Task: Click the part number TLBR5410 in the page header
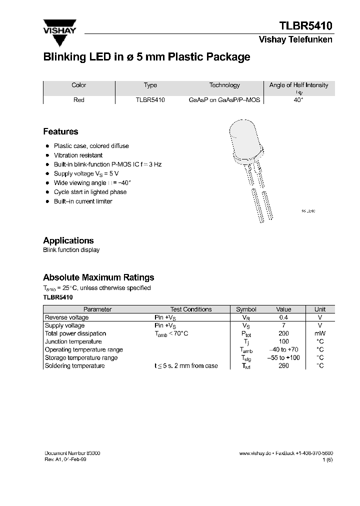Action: (x=305, y=25)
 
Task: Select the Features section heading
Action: (x=60, y=131)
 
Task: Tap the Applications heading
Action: (x=68, y=240)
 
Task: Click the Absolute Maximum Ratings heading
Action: (x=98, y=277)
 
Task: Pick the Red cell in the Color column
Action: (x=79, y=100)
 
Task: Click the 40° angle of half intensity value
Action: (x=298, y=100)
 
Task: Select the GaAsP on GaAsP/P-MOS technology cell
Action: (x=224, y=100)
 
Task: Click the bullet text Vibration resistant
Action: (x=78, y=155)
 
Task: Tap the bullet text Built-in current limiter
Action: (x=83, y=201)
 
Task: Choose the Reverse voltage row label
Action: (x=67, y=317)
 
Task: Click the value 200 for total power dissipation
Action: (x=283, y=333)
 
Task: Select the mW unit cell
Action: (x=319, y=333)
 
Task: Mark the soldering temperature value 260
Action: (x=283, y=365)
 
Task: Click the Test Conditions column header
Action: (x=191, y=309)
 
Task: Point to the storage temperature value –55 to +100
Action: (x=283, y=357)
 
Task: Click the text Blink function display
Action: (x=71, y=250)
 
